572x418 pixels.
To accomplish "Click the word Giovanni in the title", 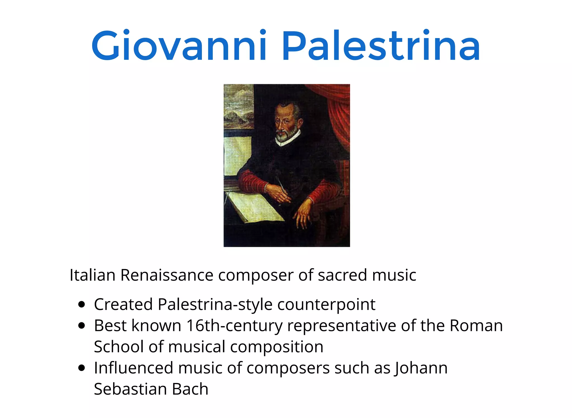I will pos(179,46).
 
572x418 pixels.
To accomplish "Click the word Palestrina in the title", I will pos(381,46).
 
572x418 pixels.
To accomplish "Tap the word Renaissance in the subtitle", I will pos(167,275).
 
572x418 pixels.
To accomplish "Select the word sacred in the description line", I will pos(342,275).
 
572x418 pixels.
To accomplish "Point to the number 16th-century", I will pos(235,326).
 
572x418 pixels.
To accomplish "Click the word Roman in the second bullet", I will pos(476,326).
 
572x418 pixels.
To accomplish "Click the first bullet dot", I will pos(82,304).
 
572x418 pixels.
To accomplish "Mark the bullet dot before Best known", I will pos(82,326).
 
